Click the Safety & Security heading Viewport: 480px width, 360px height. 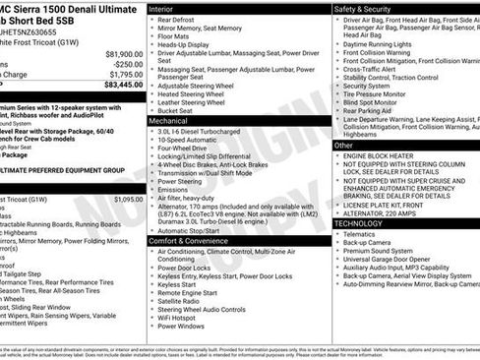[365, 7]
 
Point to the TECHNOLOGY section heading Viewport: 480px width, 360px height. [360, 222]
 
